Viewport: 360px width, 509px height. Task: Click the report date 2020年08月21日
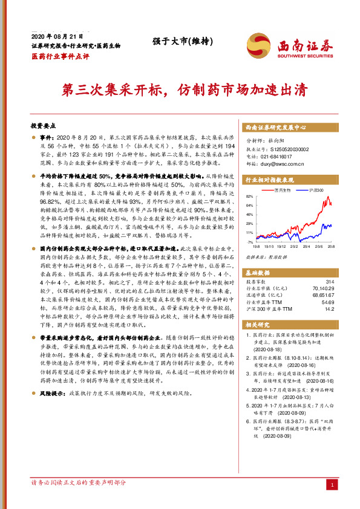55,37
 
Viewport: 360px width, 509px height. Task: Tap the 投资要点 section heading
43,126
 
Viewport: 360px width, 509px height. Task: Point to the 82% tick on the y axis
250,197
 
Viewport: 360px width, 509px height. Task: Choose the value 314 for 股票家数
329,282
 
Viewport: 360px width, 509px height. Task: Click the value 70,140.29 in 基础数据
322,289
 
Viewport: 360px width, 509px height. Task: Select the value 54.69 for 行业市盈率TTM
327,302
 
